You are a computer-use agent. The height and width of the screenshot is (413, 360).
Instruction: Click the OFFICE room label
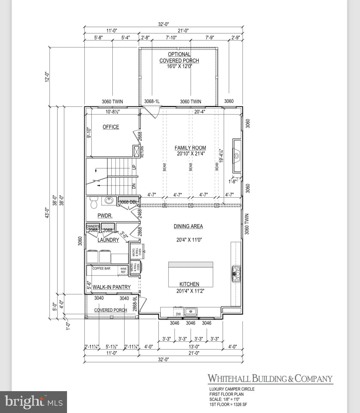(111, 127)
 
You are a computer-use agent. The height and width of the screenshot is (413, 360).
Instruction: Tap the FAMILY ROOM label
(190, 148)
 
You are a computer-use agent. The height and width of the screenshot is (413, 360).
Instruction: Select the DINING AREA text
(188, 226)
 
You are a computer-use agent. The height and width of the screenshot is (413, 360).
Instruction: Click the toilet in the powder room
(93, 202)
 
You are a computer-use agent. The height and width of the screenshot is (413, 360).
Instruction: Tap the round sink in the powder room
(109, 200)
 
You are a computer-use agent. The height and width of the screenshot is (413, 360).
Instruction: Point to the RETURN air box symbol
(137, 151)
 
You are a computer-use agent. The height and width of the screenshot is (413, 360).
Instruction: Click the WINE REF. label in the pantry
(123, 270)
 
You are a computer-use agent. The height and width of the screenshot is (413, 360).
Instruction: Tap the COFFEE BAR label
(101, 268)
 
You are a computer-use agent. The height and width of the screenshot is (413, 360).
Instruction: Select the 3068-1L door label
(152, 101)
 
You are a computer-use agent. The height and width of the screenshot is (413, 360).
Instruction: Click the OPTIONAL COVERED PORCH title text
(179, 57)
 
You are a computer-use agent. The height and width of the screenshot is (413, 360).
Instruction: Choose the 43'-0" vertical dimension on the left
(47, 213)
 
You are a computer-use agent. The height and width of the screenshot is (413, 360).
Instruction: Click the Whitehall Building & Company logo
(270, 379)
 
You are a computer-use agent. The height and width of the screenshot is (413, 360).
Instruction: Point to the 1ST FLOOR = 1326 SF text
(228, 404)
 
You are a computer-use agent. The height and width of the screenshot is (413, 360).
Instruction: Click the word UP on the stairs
(134, 167)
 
